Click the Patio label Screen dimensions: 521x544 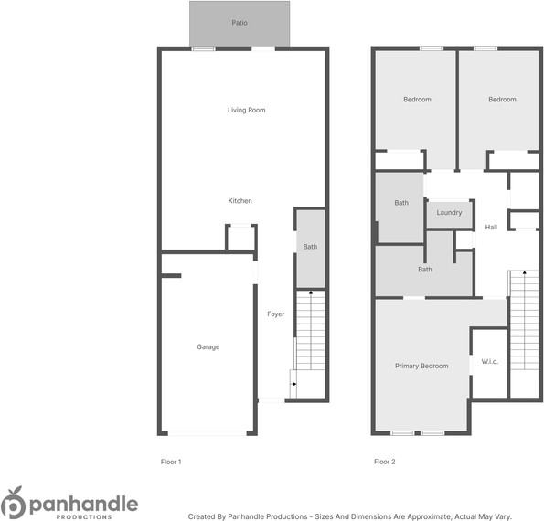[240, 23]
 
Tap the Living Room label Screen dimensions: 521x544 [246, 110]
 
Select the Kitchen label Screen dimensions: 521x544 [240, 201]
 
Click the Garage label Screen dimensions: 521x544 [208, 346]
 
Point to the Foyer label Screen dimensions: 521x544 [275, 314]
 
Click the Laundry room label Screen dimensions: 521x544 [449, 213]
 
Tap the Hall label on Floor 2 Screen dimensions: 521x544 [491, 227]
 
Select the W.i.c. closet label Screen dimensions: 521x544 [488, 361]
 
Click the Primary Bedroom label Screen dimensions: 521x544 [421, 366]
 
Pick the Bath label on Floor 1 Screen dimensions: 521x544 [310, 247]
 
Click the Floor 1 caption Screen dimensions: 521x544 [171, 462]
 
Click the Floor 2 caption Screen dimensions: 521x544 [385, 462]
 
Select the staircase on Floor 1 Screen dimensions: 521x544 [311, 331]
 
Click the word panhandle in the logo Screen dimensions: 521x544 [82, 503]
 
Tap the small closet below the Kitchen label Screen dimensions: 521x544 [240, 238]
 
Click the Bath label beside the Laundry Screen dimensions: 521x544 [400, 203]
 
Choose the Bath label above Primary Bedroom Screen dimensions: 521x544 [424, 270]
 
